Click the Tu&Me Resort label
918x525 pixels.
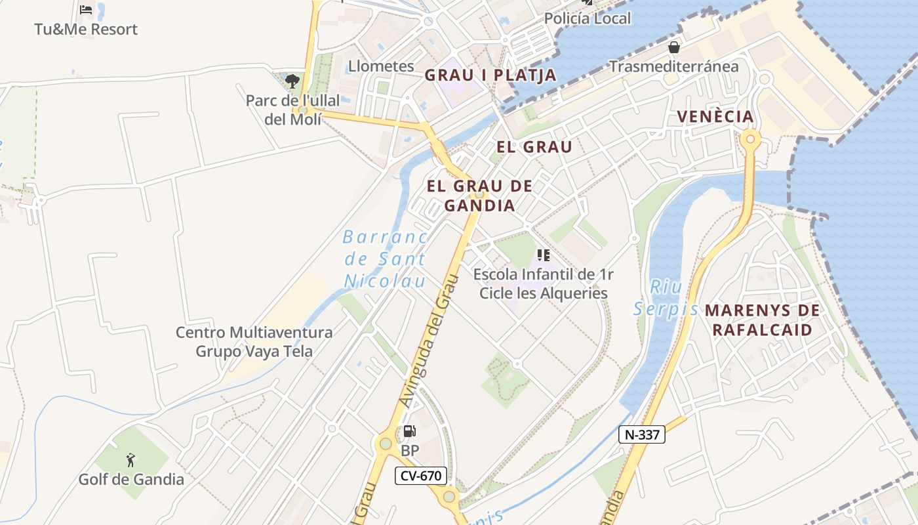pos(86,30)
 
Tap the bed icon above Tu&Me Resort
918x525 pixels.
pos(86,10)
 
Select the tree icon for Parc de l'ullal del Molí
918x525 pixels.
pos(292,81)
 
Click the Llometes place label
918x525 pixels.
pos(381,66)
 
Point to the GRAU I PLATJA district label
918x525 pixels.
pos(490,75)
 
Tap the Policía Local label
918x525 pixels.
pos(588,18)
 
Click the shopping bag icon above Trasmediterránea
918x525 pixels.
pos(673,47)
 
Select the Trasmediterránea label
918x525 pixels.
pos(673,66)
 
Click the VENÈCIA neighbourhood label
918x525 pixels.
pos(715,117)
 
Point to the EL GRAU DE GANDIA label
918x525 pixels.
pos(479,196)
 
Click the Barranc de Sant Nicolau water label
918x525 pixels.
pos(386,259)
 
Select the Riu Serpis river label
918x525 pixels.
pos(666,298)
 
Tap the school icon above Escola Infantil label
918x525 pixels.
pos(543,255)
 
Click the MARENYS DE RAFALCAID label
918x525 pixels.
pos(762,320)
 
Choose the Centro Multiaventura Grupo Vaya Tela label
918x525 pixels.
pos(254,342)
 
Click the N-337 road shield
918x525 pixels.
pos(642,434)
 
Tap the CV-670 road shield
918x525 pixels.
pos(420,476)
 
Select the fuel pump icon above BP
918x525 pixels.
pos(409,431)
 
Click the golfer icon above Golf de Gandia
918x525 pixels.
pos(131,460)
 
